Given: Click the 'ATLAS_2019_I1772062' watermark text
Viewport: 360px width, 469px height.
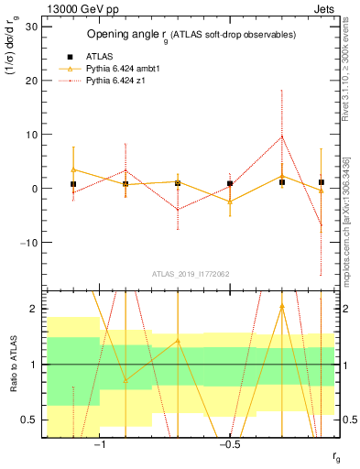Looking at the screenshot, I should click(x=191, y=274).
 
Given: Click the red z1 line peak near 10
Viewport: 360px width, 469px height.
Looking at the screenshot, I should click(x=282, y=136).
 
